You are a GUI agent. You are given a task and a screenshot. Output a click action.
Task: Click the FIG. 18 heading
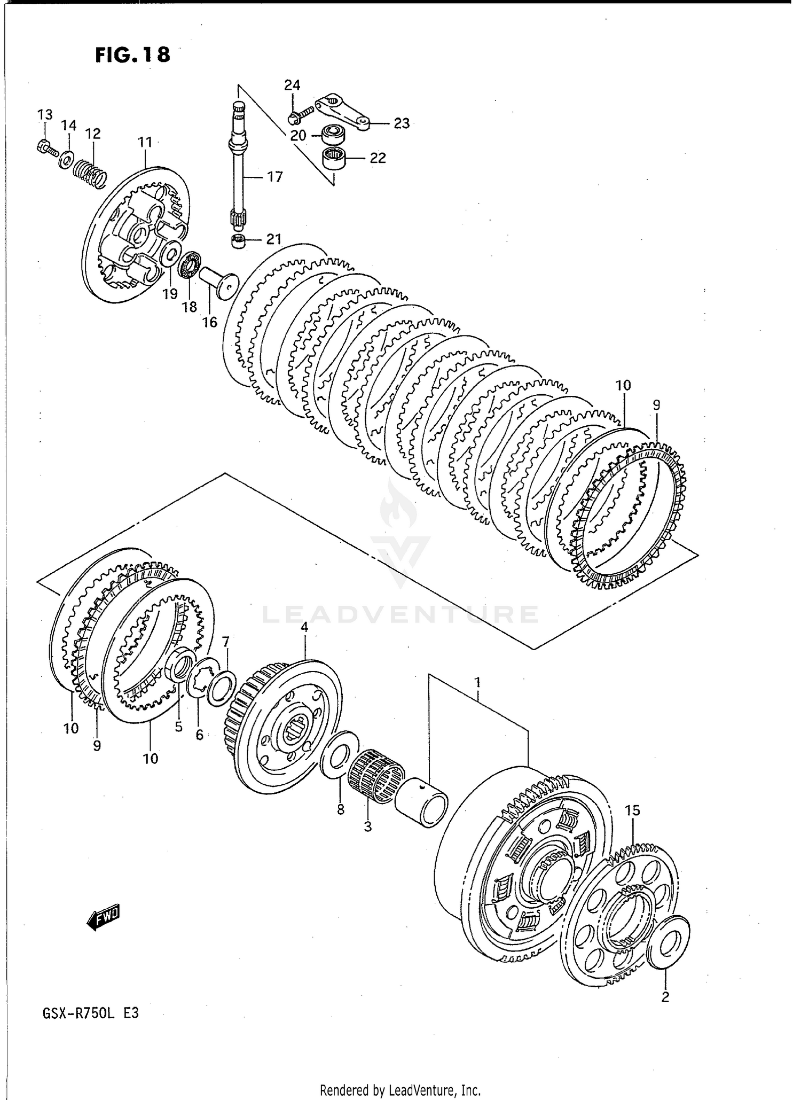click(133, 54)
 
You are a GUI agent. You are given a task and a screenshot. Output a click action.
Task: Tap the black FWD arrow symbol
click(104, 917)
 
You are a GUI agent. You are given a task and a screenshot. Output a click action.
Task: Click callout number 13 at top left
click(45, 114)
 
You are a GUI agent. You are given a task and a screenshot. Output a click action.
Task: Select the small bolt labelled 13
click(46, 146)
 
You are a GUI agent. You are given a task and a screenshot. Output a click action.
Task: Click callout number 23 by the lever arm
click(402, 123)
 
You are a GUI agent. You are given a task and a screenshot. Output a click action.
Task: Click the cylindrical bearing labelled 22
click(334, 159)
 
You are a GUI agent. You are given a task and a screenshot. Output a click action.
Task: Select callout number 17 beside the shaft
click(274, 176)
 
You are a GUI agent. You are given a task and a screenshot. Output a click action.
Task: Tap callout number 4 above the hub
click(304, 627)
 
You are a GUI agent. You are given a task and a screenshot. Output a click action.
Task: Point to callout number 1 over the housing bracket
click(477, 682)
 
